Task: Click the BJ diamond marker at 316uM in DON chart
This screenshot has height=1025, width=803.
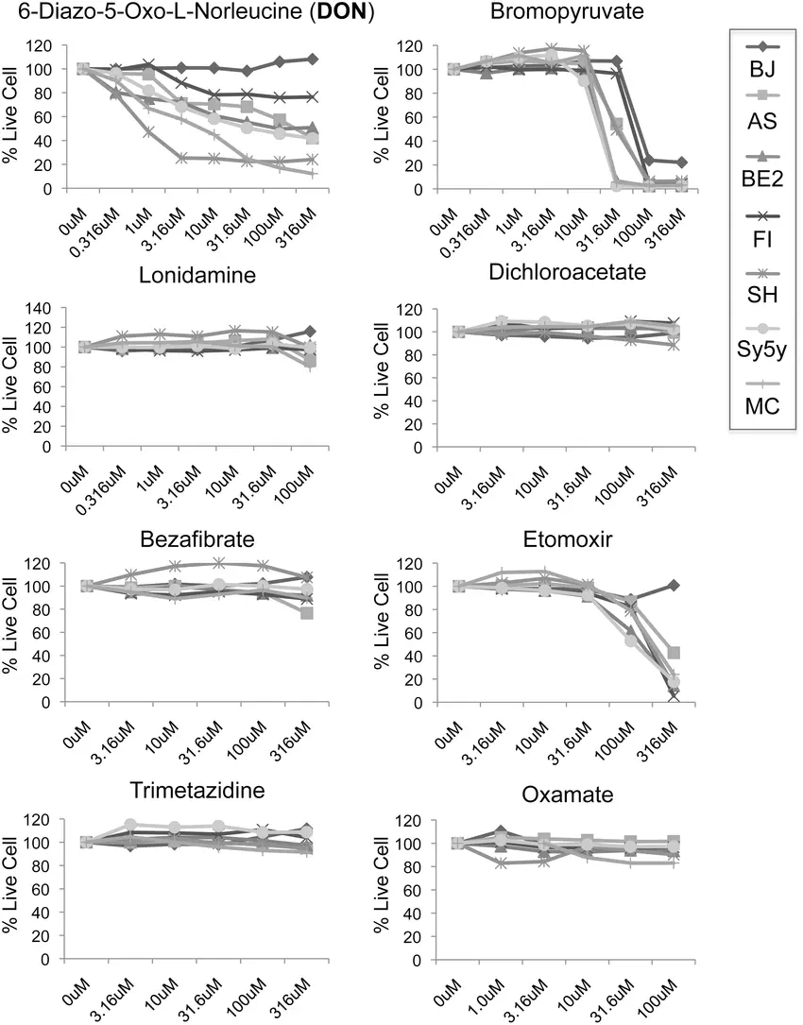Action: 313,59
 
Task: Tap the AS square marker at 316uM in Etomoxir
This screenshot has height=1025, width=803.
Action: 674,653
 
